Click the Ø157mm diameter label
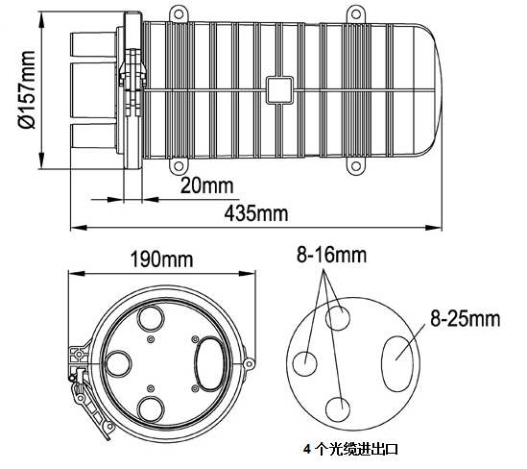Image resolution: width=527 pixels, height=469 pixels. tap(27, 89)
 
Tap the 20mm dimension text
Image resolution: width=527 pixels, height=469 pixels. tap(207, 185)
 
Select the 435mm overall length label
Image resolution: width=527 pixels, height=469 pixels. tap(256, 213)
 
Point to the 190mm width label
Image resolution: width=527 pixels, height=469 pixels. tap(161, 259)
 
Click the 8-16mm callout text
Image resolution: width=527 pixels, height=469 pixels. tap(332, 255)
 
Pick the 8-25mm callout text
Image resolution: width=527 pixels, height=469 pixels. tap(466, 318)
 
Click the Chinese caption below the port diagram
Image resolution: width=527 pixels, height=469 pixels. tap(351, 449)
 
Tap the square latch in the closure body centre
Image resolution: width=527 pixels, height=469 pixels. tap(279, 89)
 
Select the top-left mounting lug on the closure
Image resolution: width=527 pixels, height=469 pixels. tap(179, 14)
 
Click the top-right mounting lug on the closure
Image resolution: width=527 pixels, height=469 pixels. tap(356, 14)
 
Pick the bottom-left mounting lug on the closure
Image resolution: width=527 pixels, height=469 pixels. tap(179, 166)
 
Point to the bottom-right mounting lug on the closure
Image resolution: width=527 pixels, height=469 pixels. tap(356, 166)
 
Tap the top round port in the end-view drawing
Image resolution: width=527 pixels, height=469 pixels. tap(151, 317)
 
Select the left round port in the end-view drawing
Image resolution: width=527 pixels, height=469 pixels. tap(118, 363)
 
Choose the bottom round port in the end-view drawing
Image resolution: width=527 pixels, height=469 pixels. tap(151, 409)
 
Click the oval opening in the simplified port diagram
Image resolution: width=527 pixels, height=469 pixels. tap(397, 363)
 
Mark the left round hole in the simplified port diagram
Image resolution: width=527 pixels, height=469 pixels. tap(305, 363)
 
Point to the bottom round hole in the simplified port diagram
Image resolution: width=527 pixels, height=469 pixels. tap(338, 409)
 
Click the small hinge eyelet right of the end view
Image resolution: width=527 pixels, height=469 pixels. tap(249, 363)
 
